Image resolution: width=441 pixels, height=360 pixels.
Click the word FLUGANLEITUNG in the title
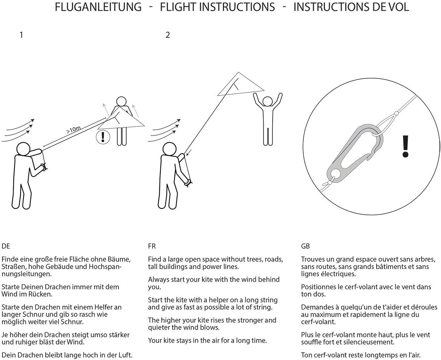click(x=98, y=7)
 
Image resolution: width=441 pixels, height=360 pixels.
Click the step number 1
click(x=21, y=35)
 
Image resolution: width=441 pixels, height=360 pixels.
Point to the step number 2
click(x=167, y=35)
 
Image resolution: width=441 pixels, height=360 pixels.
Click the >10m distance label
click(x=73, y=130)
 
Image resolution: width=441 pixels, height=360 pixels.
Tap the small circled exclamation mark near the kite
click(x=103, y=137)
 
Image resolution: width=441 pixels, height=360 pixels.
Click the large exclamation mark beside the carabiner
click(x=405, y=146)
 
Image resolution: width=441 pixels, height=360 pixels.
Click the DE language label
click(x=6, y=246)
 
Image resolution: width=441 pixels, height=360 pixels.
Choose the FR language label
click(x=152, y=246)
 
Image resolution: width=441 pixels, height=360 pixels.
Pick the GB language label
click(x=305, y=246)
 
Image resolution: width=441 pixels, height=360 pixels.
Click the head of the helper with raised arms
click(x=268, y=102)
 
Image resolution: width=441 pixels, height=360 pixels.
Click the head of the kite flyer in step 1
click(x=23, y=149)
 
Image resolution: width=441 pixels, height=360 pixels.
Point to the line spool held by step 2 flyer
click(x=188, y=183)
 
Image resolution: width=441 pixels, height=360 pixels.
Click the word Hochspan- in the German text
click(x=105, y=267)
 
